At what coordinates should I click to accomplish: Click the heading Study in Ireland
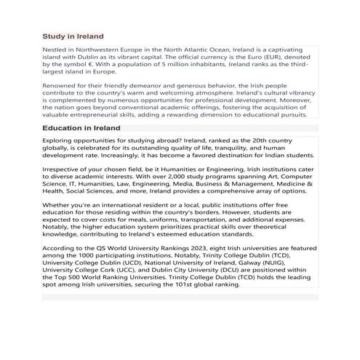[x=73, y=36]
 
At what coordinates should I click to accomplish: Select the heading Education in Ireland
[x=81, y=127]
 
